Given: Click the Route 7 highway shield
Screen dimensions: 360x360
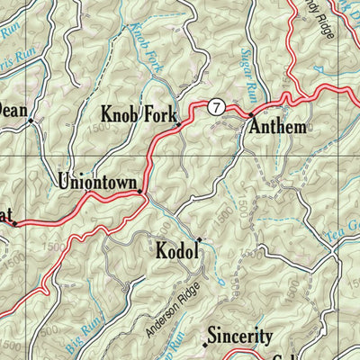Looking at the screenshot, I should point(215,107).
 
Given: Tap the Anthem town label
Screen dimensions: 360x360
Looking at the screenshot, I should point(278,126).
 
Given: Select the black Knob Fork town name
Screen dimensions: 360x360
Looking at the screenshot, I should point(139,114).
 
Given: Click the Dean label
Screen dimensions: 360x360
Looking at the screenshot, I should point(11,110).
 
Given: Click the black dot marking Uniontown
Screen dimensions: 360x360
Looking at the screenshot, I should point(139,190).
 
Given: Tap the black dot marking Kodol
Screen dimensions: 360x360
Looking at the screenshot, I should point(199,239).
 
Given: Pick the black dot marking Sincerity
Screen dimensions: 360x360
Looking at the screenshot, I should point(206,344).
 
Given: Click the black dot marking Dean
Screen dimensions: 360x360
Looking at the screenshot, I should point(30,119).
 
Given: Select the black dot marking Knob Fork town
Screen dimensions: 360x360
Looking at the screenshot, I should point(178,124).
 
